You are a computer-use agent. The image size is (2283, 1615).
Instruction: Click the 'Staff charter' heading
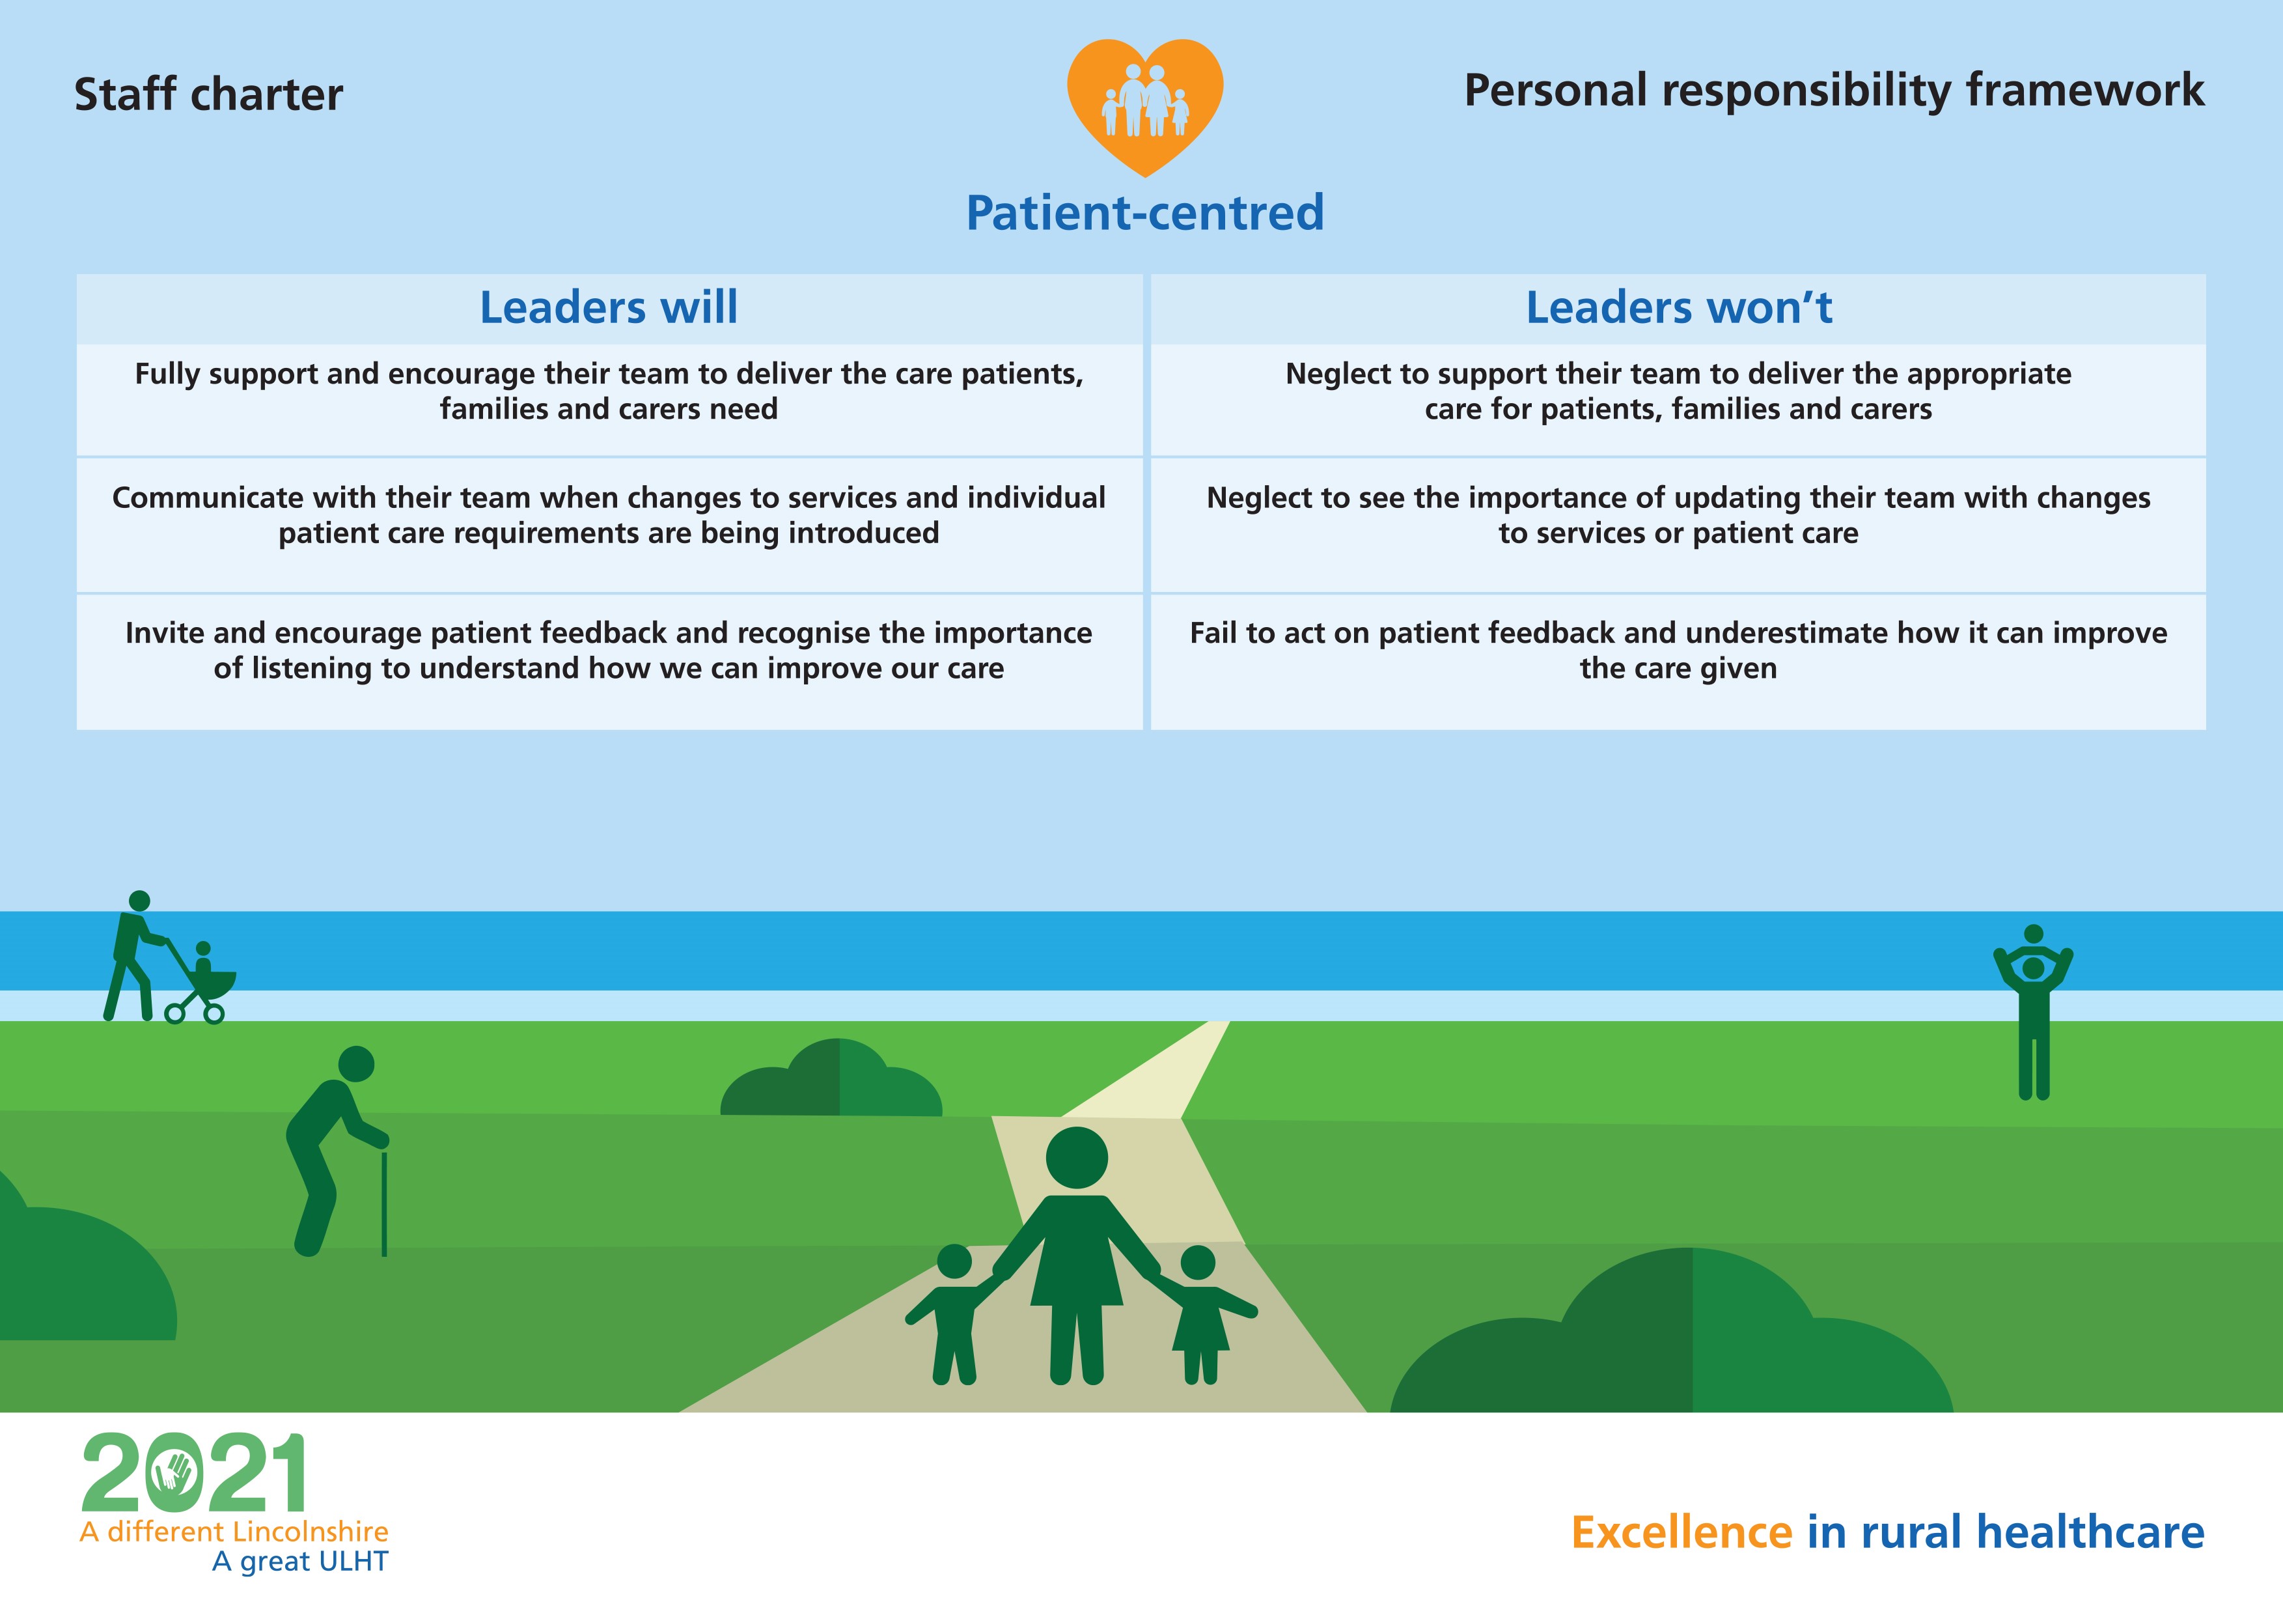209,94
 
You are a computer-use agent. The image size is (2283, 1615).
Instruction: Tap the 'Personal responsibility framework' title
1834,91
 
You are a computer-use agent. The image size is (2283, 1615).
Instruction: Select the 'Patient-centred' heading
1144,213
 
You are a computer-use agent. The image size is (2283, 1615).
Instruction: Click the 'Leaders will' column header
609,307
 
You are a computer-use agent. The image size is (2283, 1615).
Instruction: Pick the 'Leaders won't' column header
1678,307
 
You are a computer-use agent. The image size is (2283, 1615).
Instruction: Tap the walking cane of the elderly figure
384,1203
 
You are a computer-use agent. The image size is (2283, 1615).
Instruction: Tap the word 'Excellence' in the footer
1681,1532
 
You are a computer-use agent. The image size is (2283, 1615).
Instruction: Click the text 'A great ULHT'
300,1562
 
